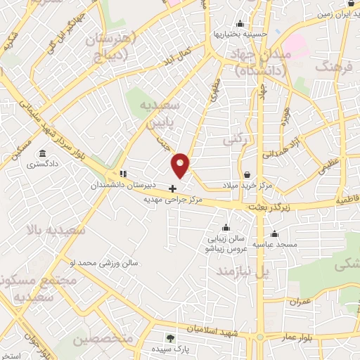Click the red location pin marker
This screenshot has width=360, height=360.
click(181, 165)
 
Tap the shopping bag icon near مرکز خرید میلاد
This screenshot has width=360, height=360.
click(247, 174)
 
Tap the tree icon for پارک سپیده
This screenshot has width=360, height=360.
click(168, 338)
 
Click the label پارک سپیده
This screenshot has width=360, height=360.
click(168, 349)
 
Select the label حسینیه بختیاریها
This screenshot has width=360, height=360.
click(240, 34)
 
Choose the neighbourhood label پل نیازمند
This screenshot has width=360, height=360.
click(243, 271)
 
